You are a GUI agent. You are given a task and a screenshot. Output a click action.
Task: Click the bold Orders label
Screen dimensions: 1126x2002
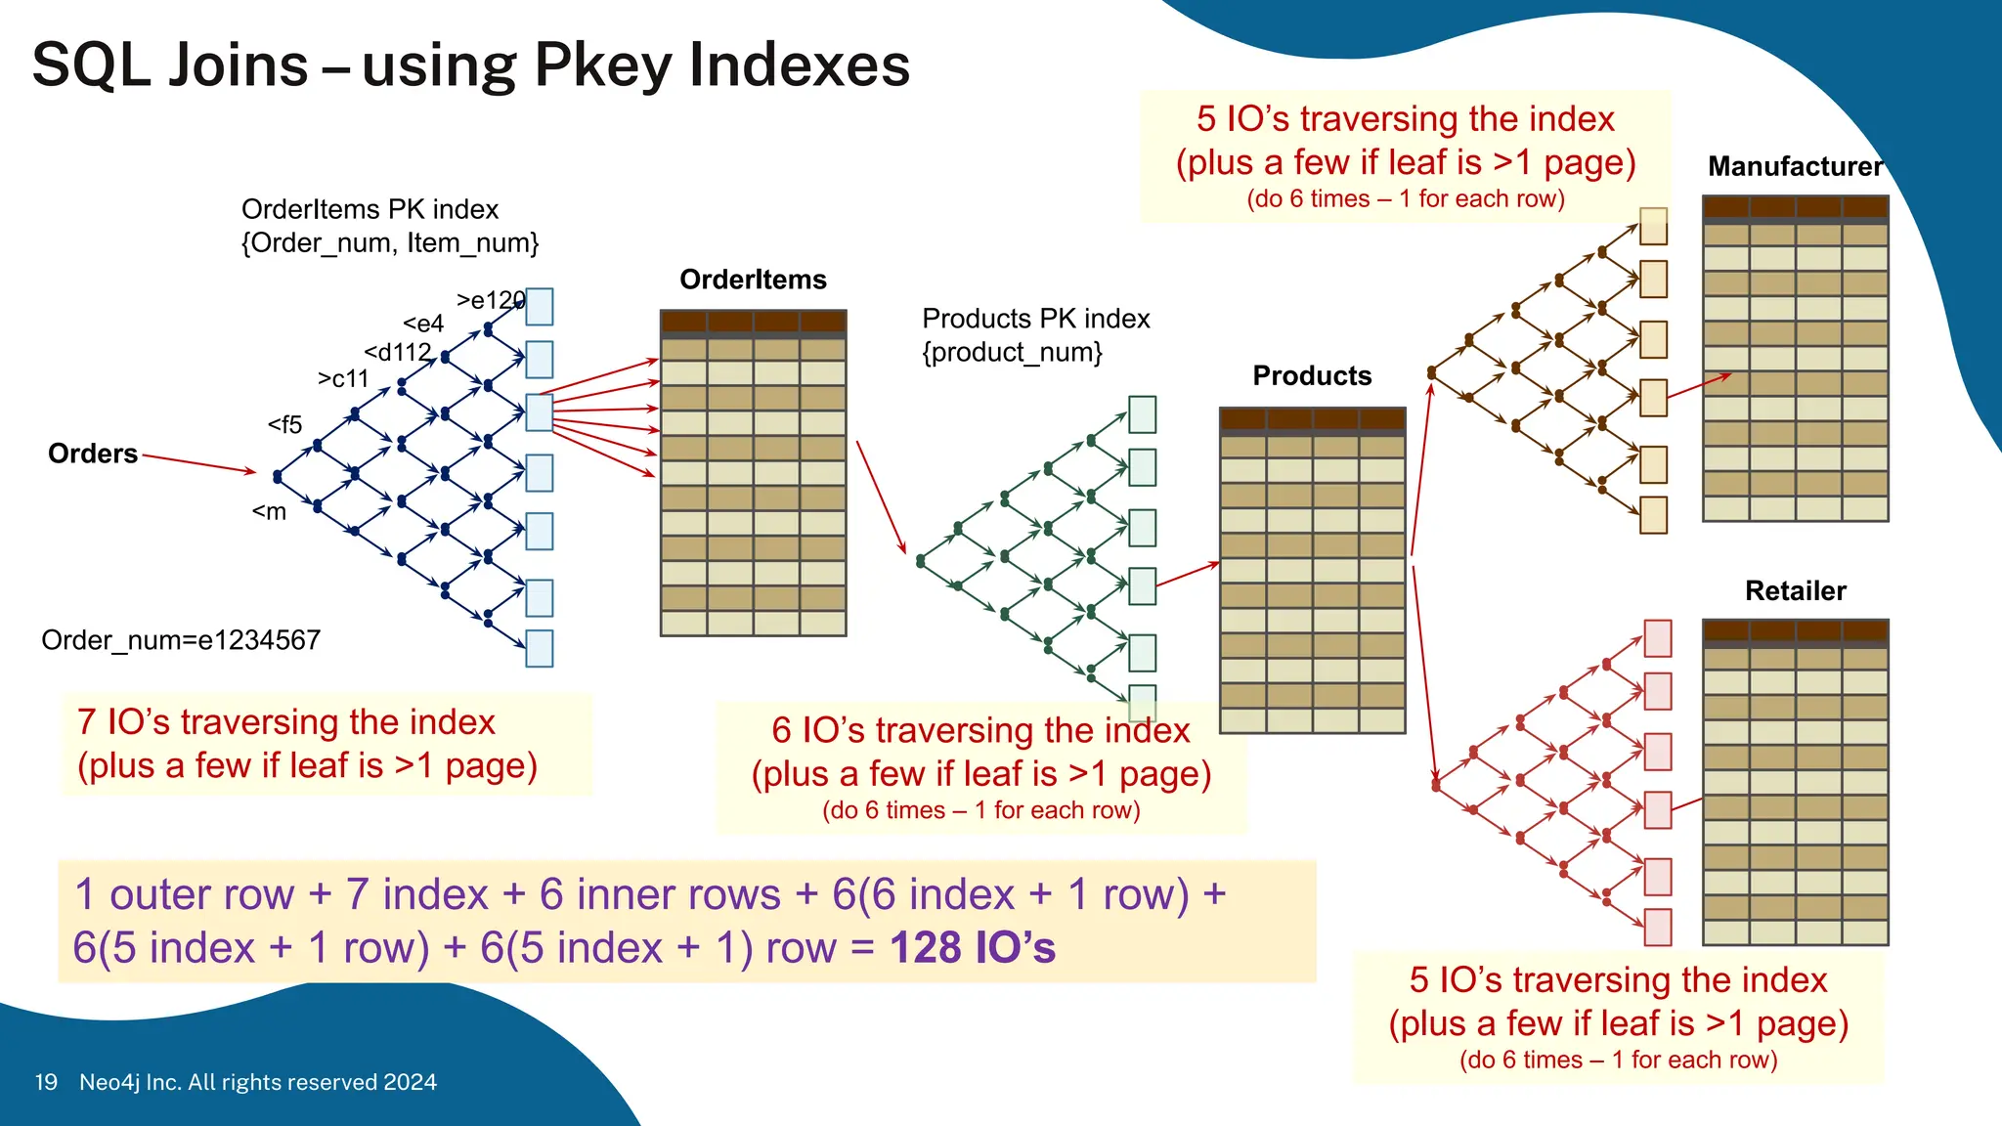(93, 454)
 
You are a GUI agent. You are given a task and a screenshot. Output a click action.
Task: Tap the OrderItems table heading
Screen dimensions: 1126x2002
(753, 280)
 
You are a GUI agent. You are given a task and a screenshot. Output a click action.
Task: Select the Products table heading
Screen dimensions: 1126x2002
(1312, 375)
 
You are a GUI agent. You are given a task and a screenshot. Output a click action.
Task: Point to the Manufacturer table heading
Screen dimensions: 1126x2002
(1795, 166)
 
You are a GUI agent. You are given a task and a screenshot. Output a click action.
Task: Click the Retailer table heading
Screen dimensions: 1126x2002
(1795, 590)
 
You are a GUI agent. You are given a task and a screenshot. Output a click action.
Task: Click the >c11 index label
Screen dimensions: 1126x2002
(343, 378)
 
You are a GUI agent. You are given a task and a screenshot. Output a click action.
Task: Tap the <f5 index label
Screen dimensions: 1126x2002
(284, 424)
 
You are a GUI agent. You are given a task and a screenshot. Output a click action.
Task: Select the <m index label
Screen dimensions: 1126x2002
(269, 511)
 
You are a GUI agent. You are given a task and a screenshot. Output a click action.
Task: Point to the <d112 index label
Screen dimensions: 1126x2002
(397, 352)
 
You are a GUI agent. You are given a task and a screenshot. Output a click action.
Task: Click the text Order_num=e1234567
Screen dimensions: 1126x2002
(181, 640)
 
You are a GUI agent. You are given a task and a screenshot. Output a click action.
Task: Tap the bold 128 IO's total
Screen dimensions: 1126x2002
(973, 947)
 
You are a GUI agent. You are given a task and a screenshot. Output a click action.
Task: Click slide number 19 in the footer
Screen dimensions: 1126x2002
(46, 1082)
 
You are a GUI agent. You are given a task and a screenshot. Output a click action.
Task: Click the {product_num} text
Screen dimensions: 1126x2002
(1012, 352)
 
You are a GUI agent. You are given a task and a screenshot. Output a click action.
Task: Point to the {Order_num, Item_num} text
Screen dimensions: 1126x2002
(390, 242)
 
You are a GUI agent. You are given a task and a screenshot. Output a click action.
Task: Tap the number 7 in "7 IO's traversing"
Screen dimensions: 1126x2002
(86, 721)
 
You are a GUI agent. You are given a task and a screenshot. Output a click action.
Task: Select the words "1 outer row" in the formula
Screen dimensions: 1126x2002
(184, 894)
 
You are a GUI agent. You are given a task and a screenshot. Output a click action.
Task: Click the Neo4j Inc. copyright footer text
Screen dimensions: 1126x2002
(258, 1082)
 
